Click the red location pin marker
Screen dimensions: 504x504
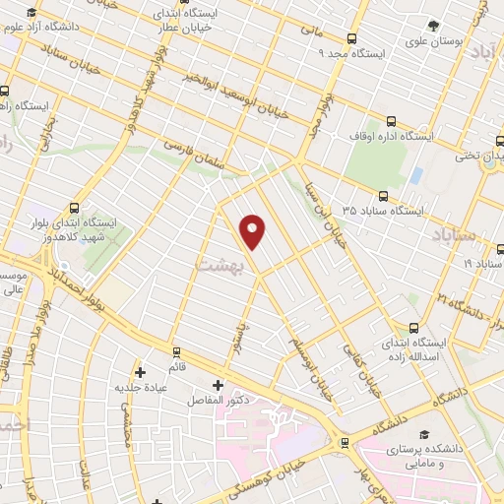(x=253, y=231)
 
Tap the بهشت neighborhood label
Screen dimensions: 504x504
(x=217, y=265)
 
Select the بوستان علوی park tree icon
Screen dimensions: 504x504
(x=433, y=25)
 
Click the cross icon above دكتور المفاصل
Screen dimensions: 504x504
(x=218, y=384)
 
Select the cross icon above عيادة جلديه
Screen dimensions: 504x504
(x=140, y=371)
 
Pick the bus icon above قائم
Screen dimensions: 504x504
(x=177, y=350)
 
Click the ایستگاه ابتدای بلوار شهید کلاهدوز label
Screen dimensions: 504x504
(x=74, y=231)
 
